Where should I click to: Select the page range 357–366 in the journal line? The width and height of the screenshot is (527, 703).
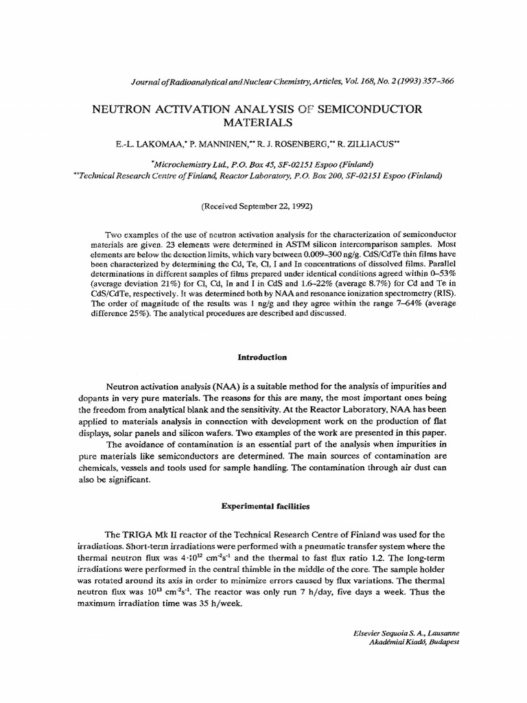[x=433, y=81]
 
